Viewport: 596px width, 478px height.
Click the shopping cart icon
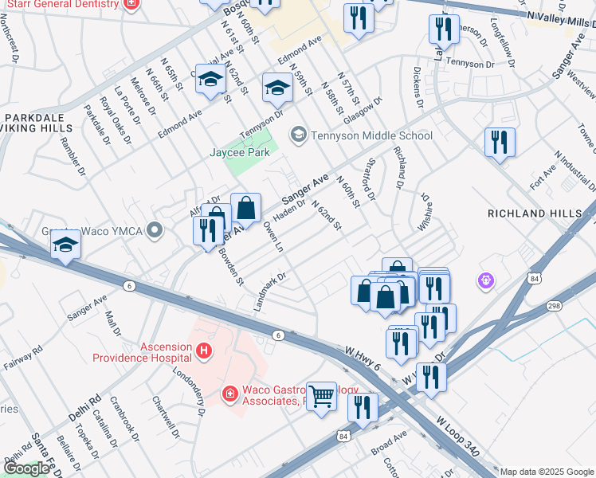pos(321,394)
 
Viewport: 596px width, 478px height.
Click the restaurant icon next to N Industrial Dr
pos(500,143)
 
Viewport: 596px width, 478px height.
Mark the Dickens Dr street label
pos(418,92)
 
